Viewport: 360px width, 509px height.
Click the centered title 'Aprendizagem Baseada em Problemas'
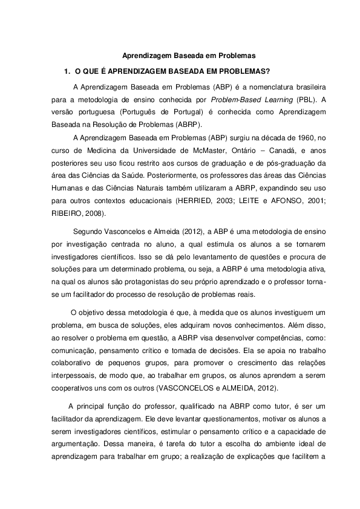click(181, 55)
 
